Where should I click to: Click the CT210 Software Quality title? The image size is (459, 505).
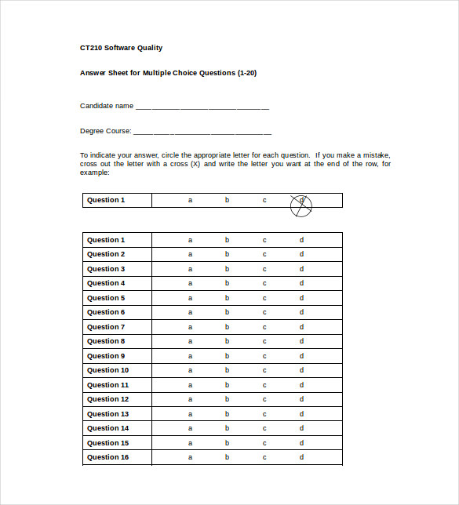(x=121, y=48)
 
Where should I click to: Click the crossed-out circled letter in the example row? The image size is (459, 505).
(x=301, y=205)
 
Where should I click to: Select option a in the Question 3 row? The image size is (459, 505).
(x=190, y=269)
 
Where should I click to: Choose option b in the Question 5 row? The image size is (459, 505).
(x=227, y=298)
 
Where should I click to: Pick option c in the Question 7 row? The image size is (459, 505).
(x=264, y=327)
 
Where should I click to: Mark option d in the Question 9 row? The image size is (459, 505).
(x=301, y=356)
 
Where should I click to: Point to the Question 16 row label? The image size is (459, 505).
(x=107, y=457)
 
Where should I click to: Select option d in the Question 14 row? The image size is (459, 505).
(x=301, y=428)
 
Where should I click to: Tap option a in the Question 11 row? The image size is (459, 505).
(x=190, y=385)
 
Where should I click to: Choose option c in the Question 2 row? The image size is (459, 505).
(x=264, y=254)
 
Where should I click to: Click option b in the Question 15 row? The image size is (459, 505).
(x=227, y=443)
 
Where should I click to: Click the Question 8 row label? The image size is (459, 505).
(x=106, y=341)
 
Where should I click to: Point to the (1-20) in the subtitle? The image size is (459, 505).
(x=247, y=73)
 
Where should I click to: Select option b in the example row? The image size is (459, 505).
(x=227, y=200)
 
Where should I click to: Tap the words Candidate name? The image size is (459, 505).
(x=107, y=106)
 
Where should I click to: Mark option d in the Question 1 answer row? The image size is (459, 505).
(x=301, y=240)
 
